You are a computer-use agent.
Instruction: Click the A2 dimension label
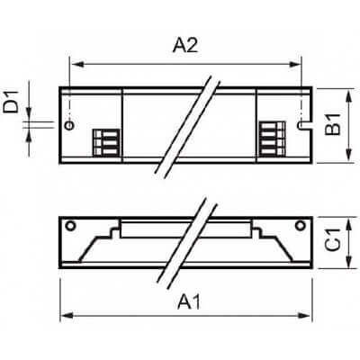coord(185,46)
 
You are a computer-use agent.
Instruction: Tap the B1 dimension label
coord(332,124)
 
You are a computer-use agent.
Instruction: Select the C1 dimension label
coord(332,239)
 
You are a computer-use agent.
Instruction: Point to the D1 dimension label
coord(11,103)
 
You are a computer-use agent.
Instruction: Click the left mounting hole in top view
coord(69,125)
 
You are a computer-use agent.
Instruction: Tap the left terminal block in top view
coord(106,142)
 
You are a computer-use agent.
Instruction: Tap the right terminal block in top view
coord(272,139)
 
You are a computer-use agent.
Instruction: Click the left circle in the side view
coord(70,226)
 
